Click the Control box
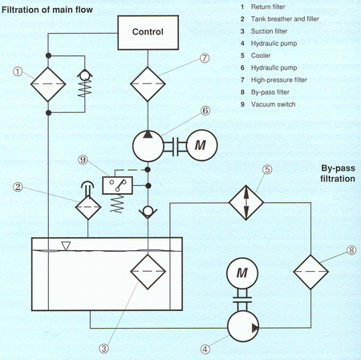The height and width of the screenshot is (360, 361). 148,33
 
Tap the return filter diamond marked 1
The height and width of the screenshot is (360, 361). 48,84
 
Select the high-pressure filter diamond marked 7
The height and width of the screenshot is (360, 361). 148,84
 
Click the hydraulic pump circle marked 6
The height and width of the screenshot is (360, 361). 148,146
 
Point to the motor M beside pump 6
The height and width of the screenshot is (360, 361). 202,145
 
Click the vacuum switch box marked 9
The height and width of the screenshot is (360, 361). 118,185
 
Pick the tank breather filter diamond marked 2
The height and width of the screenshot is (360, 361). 88,207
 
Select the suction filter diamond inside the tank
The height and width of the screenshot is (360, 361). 148,272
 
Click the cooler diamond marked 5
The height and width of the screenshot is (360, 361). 246,203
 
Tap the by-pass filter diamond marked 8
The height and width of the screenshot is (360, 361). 310,272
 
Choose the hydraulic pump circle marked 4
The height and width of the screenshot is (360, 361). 243,326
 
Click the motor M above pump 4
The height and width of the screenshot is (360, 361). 242,273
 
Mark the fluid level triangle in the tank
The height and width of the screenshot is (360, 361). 66,245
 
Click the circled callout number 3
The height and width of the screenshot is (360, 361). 103,348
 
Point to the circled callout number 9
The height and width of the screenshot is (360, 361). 83,160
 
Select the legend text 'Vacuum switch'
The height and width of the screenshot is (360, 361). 274,104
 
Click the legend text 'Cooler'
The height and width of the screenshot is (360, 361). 261,55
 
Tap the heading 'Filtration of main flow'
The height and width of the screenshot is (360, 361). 47,10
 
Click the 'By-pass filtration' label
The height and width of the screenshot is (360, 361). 338,173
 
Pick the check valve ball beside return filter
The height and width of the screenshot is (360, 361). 85,76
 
